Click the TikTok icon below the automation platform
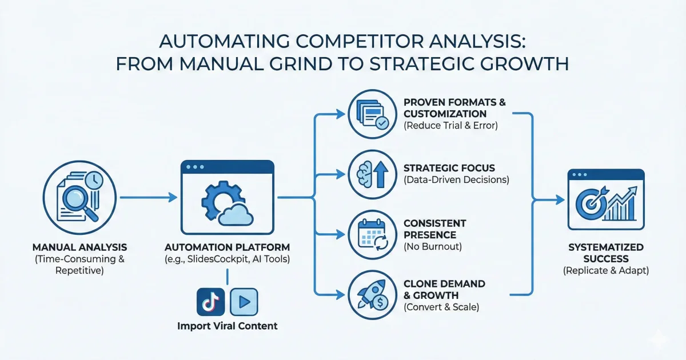pos(210,302)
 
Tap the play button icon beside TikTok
pos(244,302)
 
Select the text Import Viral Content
pos(228,326)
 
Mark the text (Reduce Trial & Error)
pos(450,125)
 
